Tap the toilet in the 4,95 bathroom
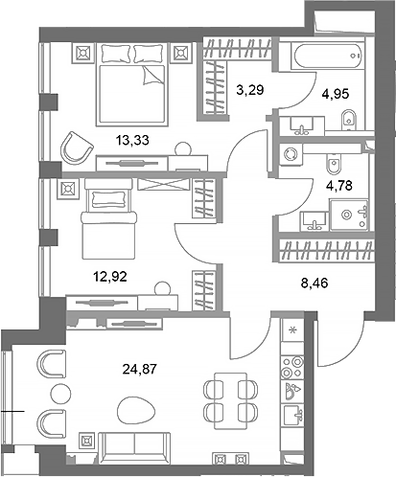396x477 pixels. tap(351, 120)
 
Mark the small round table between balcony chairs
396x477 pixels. tap(59, 393)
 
